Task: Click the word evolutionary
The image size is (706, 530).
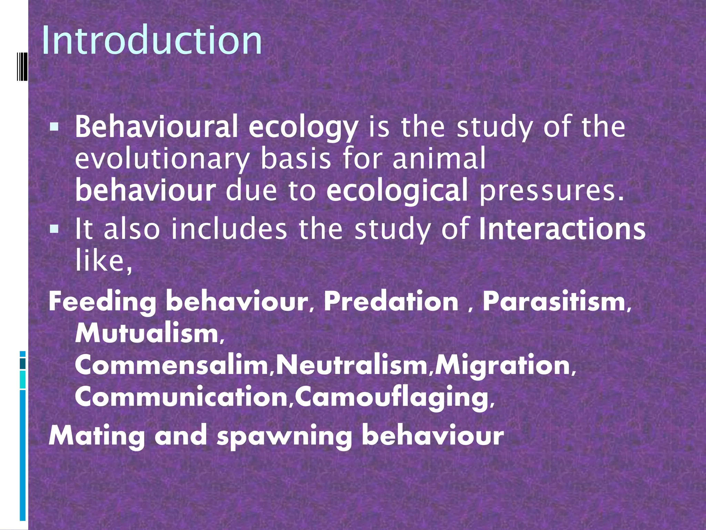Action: coord(162,159)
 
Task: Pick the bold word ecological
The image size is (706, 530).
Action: coord(397,190)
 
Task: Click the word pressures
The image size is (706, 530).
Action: coord(552,190)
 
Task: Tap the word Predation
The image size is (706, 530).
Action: coord(391,301)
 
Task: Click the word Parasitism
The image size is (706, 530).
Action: coord(554,301)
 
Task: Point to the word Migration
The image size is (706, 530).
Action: coord(503,366)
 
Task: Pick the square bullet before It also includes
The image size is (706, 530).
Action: coord(54,229)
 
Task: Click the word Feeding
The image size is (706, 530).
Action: coord(103,301)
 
